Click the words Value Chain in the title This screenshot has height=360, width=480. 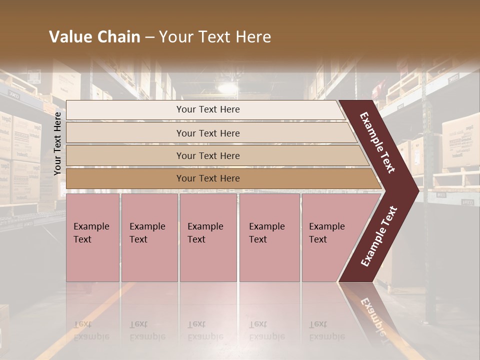click(x=94, y=37)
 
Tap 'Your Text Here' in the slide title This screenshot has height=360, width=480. click(x=215, y=37)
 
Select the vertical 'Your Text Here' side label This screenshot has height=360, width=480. click(x=57, y=143)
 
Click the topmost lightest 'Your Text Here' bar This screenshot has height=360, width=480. click(x=207, y=109)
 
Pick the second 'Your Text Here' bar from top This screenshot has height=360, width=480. click(x=207, y=133)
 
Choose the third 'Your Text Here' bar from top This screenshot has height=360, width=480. click(x=207, y=155)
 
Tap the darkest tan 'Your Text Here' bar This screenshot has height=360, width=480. click(x=207, y=178)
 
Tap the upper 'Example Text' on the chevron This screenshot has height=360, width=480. click(x=377, y=142)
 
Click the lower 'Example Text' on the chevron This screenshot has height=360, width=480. click(x=379, y=236)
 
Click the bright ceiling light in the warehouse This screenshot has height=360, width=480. click(x=227, y=88)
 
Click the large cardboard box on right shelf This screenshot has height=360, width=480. click(x=460, y=140)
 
